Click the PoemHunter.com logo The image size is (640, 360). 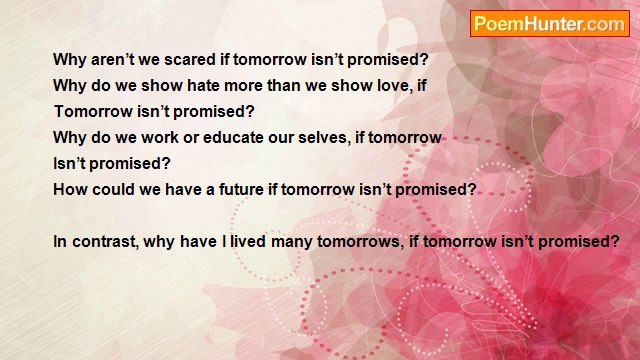click(549, 24)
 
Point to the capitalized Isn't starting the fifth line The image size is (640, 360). click(71, 163)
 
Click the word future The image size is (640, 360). click(237, 189)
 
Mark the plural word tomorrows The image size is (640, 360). click(367, 241)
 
